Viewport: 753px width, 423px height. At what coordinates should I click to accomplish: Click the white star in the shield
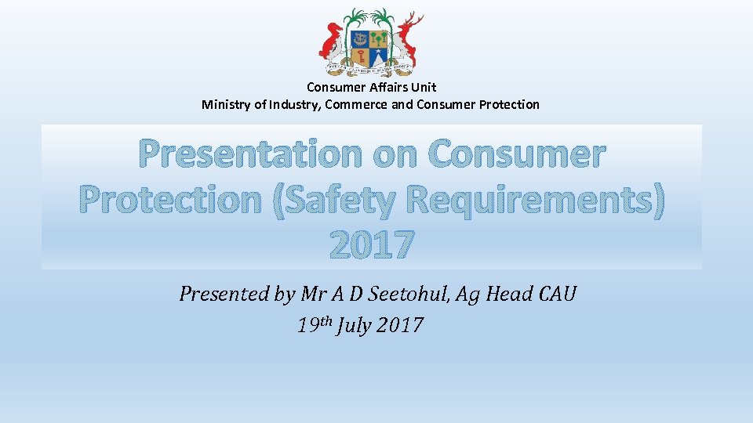[380, 58]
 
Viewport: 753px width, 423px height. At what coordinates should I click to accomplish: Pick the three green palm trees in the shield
[380, 38]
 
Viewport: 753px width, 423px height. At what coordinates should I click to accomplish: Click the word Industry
[293, 104]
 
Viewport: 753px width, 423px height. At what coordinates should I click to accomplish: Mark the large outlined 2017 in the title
[371, 246]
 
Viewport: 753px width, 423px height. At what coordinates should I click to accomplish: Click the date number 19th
[314, 324]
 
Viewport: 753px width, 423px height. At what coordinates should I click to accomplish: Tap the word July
[354, 324]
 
